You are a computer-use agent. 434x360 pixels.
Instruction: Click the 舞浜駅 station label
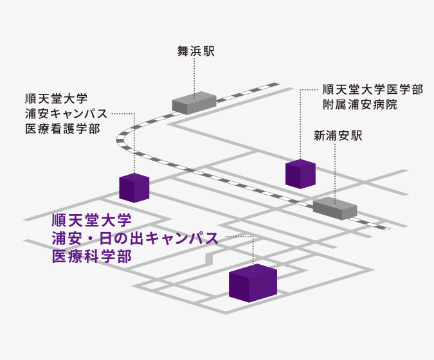click(195, 50)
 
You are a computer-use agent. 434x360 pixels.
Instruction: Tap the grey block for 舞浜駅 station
click(194, 102)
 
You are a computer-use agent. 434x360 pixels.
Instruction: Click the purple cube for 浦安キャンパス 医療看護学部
click(134, 188)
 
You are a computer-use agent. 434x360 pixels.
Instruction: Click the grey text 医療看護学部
click(60, 129)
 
